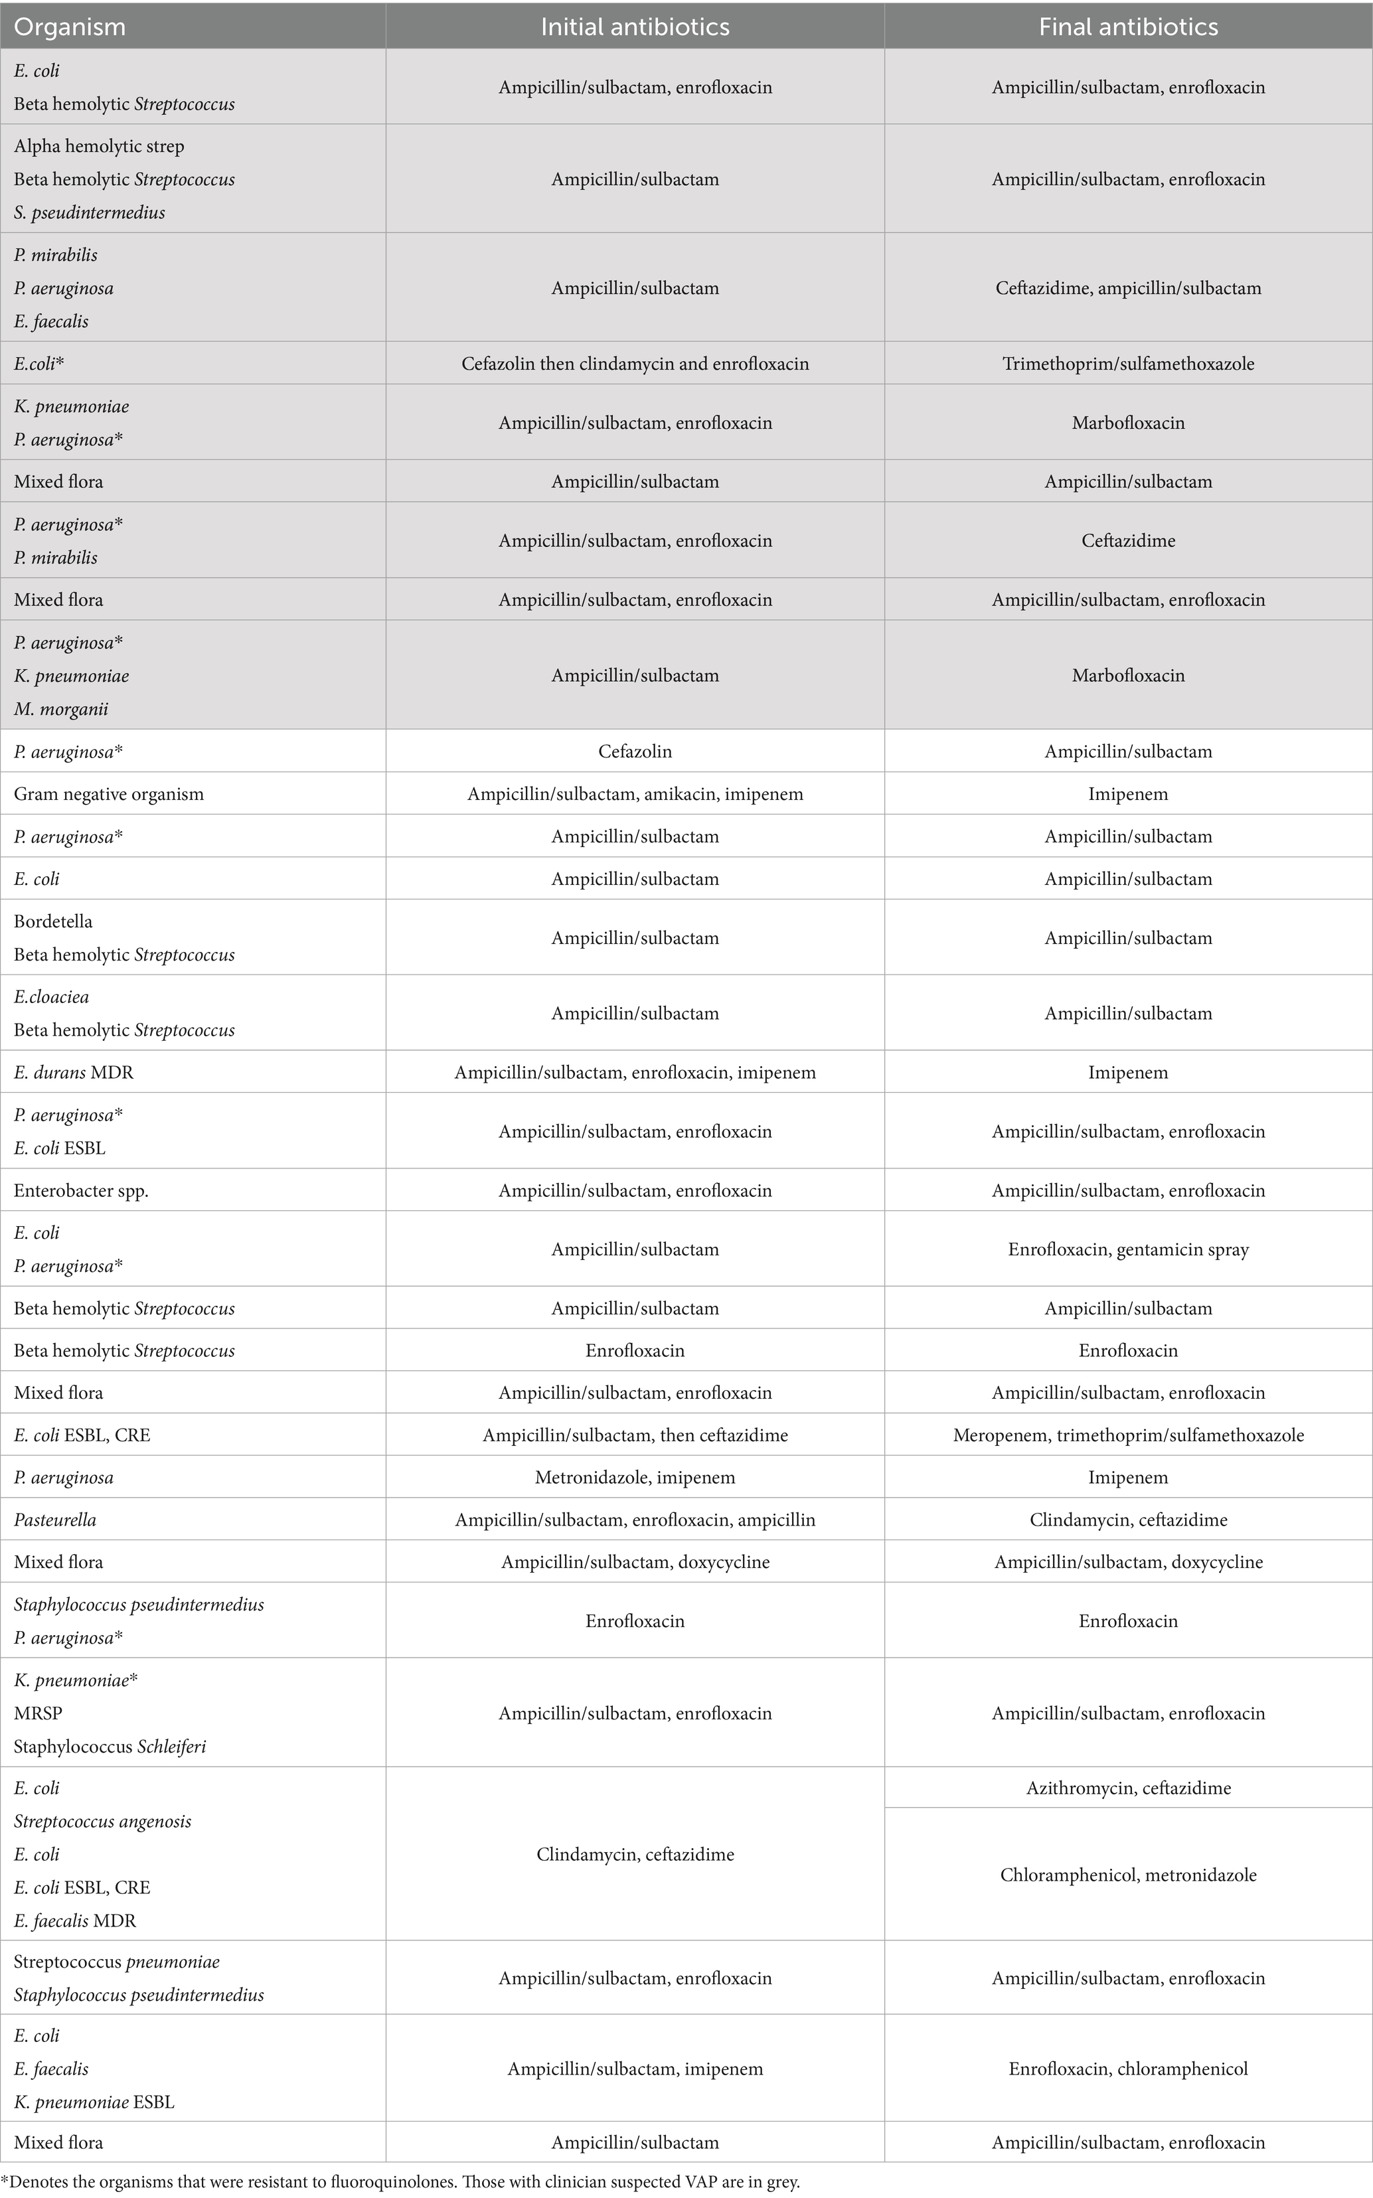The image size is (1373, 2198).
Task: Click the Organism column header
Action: pos(70,27)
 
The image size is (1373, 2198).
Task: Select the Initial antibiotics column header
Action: pos(635,27)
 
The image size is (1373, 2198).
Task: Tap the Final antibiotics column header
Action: pos(1128,27)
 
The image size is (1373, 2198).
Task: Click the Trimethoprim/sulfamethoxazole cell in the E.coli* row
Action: pos(1128,364)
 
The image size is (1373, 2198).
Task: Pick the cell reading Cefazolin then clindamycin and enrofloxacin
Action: pos(635,364)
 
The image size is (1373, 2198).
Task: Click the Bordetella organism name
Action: pos(52,921)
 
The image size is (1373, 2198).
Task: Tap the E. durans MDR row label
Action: pos(74,1072)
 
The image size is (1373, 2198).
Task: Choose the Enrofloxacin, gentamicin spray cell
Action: pos(1128,1249)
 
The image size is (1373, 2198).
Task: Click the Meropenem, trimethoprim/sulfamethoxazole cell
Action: pos(1128,1435)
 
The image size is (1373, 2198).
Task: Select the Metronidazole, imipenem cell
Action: pos(635,1477)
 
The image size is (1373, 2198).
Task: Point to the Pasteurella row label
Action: pos(54,1520)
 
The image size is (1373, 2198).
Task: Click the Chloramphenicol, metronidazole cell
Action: pos(1128,1875)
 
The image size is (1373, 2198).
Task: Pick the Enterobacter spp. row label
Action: pos(81,1190)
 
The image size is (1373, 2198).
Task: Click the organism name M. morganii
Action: pos(61,709)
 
